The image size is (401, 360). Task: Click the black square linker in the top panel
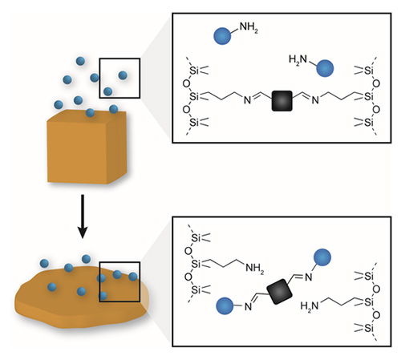[282, 101]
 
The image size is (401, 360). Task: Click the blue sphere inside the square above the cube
[122, 75]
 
